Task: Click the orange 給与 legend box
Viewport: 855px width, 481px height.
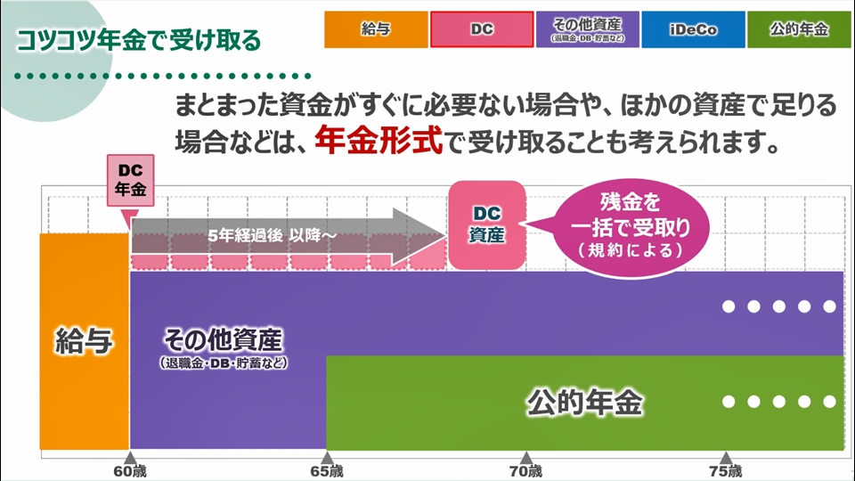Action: coord(376,29)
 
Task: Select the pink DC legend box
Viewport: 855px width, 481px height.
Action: coord(482,29)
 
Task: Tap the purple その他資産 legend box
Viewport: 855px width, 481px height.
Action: coord(587,29)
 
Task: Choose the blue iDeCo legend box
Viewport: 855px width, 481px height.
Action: coord(693,29)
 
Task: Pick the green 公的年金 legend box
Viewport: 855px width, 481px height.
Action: coord(799,29)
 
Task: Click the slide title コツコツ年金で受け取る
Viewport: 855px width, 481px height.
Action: coord(139,40)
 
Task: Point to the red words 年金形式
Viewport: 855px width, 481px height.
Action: coord(379,141)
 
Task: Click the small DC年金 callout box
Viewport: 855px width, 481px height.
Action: coord(130,180)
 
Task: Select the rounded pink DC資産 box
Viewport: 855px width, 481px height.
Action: coord(487,224)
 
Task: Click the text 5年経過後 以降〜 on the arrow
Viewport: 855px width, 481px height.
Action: coord(273,235)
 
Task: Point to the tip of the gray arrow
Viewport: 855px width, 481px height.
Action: coord(446,236)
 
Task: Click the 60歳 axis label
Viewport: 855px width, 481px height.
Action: coord(130,471)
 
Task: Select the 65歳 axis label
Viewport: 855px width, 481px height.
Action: coord(327,471)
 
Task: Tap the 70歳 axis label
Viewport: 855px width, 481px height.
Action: coord(526,471)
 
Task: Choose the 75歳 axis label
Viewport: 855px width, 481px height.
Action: coord(726,471)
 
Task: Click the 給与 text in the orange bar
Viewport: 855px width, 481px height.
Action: coord(84,341)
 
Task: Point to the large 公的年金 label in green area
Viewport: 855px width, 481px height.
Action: coord(584,403)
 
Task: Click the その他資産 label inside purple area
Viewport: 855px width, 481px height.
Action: coord(224,340)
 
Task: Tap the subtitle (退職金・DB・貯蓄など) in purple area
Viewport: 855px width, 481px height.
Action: coord(224,363)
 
